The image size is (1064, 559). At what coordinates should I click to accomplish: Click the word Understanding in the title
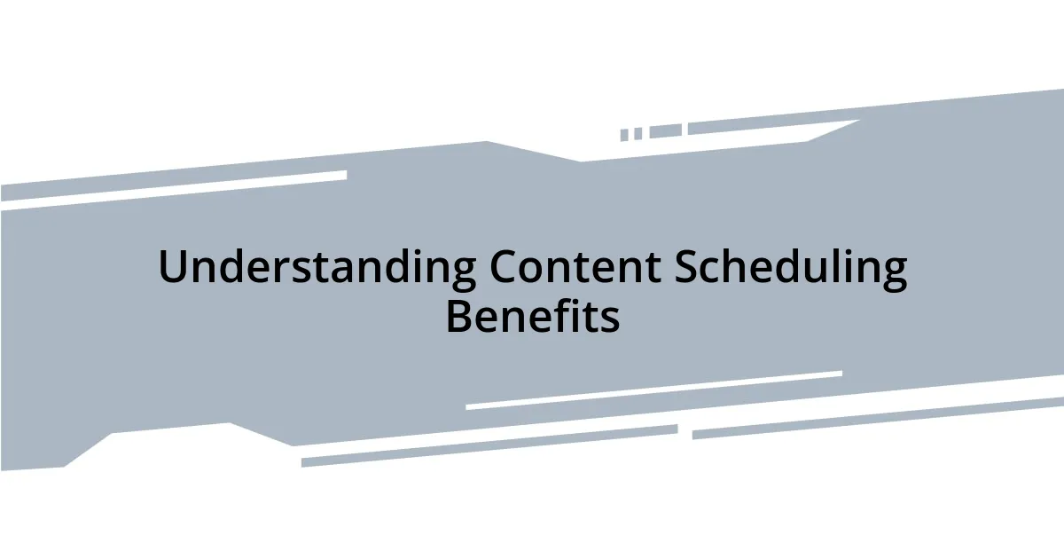click(317, 267)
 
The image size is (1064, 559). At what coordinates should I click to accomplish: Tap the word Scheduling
click(791, 267)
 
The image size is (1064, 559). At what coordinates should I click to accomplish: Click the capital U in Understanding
click(172, 267)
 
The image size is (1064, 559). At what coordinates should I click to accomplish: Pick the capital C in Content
click(504, 267)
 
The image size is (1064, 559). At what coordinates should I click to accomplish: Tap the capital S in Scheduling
click(686, 267)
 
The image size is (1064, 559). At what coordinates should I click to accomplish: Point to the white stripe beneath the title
click(653, 390)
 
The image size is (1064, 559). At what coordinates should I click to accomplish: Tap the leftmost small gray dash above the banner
click(624, 135)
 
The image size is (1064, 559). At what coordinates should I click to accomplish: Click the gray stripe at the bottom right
click(878, 418)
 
